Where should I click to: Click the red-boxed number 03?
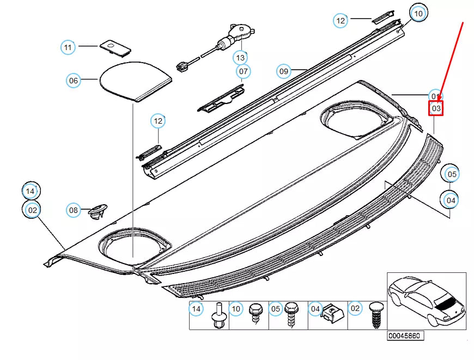[x=436, y=108]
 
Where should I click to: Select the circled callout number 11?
[x=68, y=47]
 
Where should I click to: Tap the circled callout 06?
[x=73, y=81]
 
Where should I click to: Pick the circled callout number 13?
[x=240, y=57]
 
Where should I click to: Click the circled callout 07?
[x=244, y=71]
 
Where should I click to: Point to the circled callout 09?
[x=283, y=71]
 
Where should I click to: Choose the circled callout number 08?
[x=74, y=210]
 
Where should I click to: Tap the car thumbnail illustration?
[x=426, y=301]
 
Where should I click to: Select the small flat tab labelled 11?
[x=116, y=47]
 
